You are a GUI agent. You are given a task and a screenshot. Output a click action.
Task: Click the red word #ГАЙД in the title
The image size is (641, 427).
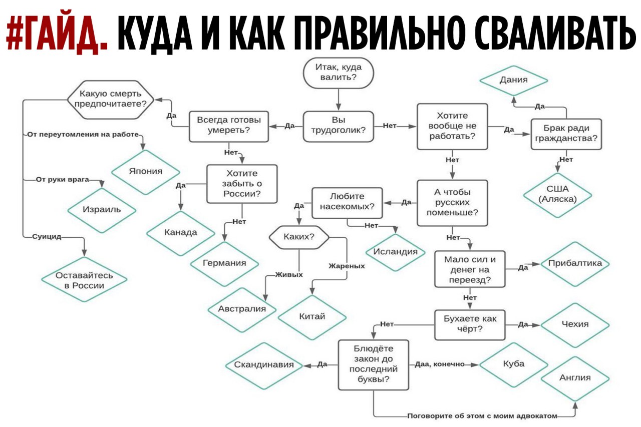[57, 33]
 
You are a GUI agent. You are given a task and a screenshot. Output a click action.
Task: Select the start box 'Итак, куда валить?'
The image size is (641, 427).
[338, 73]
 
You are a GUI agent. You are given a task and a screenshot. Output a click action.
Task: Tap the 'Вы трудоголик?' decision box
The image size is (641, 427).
[338, 127]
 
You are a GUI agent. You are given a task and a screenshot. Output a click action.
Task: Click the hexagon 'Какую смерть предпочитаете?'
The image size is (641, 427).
[111, 100]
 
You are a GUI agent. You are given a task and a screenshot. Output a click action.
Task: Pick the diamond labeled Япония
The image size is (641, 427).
[145, 172]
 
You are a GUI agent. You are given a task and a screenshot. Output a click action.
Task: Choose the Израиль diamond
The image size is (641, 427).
[102, 210]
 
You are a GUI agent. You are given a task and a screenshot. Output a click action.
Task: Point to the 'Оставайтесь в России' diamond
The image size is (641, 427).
[84, 279]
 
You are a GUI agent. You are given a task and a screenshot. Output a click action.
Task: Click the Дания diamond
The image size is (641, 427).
[514, 81]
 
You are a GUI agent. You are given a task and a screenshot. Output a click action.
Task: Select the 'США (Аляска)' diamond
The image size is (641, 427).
[557, 195]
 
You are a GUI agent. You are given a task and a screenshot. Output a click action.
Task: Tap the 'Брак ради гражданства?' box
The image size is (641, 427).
[566, 134]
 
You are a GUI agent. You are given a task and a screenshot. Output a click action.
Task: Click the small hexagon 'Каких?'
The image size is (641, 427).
[299, 237]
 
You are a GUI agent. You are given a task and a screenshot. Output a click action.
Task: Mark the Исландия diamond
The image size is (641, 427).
[396, 252]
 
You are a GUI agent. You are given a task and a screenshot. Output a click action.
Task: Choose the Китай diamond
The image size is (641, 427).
[312, 317]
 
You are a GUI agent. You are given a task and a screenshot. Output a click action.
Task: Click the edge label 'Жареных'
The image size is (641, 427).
[347, 266]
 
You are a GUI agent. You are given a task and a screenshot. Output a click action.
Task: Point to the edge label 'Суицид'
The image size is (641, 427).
[47, 236]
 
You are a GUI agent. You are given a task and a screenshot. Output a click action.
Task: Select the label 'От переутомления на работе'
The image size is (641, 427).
[83, 135]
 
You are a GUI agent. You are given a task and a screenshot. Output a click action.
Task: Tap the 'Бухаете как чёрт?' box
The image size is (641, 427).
[470, 325]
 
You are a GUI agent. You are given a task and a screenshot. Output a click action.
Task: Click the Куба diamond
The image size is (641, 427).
[514, 364]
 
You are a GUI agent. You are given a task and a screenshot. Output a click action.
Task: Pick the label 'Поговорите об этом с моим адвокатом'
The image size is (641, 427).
[482, 416]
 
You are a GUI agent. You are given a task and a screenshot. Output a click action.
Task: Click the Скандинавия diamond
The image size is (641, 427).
[264, 365]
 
